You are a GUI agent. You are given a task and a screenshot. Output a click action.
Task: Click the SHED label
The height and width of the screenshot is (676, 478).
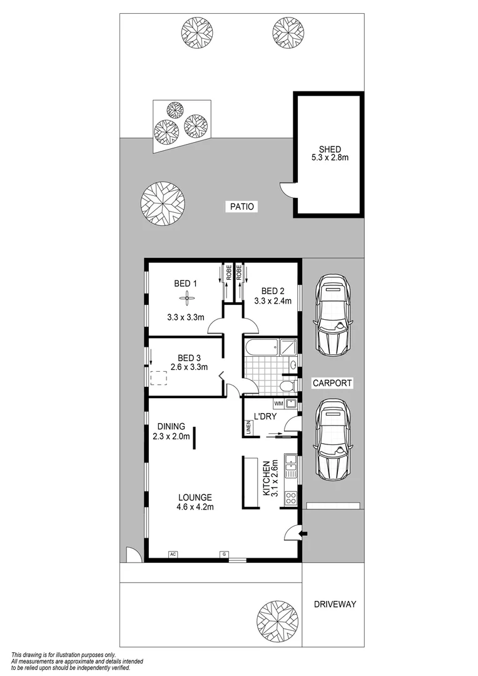(x=330, y=149)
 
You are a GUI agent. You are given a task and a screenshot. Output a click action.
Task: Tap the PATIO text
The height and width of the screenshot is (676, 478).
(x=241, y=207)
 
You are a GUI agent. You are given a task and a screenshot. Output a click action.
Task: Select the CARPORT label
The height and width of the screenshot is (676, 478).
(x=333, y=383)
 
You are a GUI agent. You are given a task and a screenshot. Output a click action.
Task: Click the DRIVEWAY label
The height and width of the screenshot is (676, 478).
(x=335, y=604)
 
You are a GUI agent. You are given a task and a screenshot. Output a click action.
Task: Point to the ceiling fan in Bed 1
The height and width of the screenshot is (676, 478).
(x=185, y=300)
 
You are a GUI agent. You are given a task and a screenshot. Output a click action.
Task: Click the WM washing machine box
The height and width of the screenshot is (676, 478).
(x=278, y=404)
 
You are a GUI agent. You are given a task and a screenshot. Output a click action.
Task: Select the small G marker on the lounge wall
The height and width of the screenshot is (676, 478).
(x=223, y=554)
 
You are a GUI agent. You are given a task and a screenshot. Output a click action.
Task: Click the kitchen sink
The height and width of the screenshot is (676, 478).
(x=290, y=464)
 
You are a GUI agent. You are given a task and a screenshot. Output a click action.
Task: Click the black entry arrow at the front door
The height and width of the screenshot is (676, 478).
(x=304, y=533)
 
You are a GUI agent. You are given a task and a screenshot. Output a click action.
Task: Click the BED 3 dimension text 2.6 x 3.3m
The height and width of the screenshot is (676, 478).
(x=188, y=367)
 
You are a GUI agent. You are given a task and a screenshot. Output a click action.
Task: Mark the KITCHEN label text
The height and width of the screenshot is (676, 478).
(x=266, y=479)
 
